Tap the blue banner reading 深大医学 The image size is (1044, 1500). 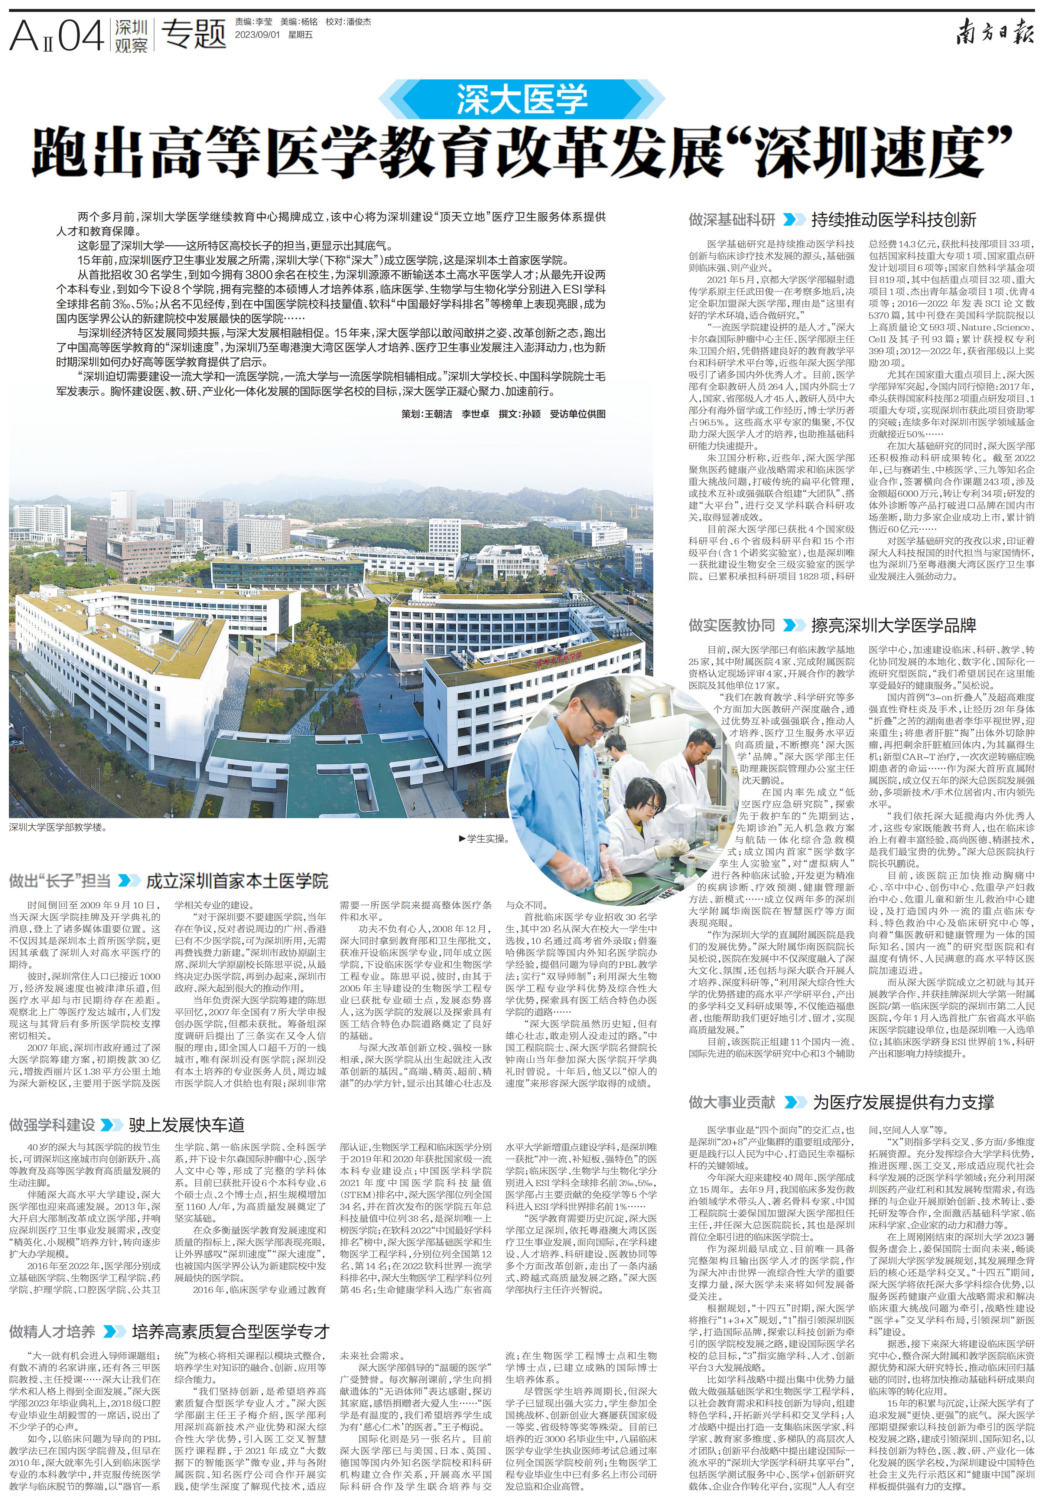(522, 99)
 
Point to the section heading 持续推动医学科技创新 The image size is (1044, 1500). (893, 219)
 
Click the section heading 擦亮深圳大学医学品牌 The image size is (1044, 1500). (893, 625)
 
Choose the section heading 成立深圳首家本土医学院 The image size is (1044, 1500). (237, 881)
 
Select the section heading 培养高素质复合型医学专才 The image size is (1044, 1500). (230, 1313)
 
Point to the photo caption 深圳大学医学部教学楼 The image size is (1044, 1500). (58, 827)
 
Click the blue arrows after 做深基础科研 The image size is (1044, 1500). (793, 219)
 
